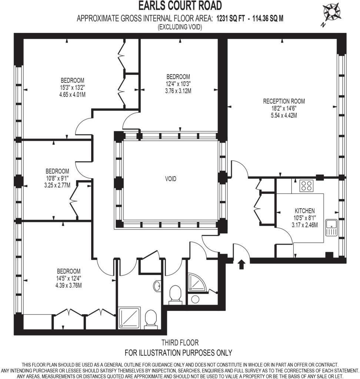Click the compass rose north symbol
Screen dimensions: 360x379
point(331,13)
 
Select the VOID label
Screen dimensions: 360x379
point(171,179)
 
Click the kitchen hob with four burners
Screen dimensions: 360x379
point(307,186)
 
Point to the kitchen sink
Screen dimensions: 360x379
point(331,228)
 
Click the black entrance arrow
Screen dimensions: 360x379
point(241,264)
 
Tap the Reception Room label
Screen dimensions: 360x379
point(284,101)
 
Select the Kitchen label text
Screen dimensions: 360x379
point(304,211)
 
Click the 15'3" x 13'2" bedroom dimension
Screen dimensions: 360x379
point(72,87)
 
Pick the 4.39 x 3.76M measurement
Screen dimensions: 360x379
point(69,285)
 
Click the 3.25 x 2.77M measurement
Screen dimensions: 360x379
point(57,185)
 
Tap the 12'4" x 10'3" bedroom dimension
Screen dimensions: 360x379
point(178,84)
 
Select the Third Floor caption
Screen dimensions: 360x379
point(180,342)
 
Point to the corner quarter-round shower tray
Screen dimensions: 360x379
point(197,282)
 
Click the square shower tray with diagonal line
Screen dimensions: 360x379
point(129,318)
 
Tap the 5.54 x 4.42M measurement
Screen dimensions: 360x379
point(284,115)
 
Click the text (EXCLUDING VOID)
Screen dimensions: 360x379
point(180,27)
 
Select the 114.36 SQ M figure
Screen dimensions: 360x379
point(267,19)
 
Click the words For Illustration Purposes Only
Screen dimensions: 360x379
point(178,353)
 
